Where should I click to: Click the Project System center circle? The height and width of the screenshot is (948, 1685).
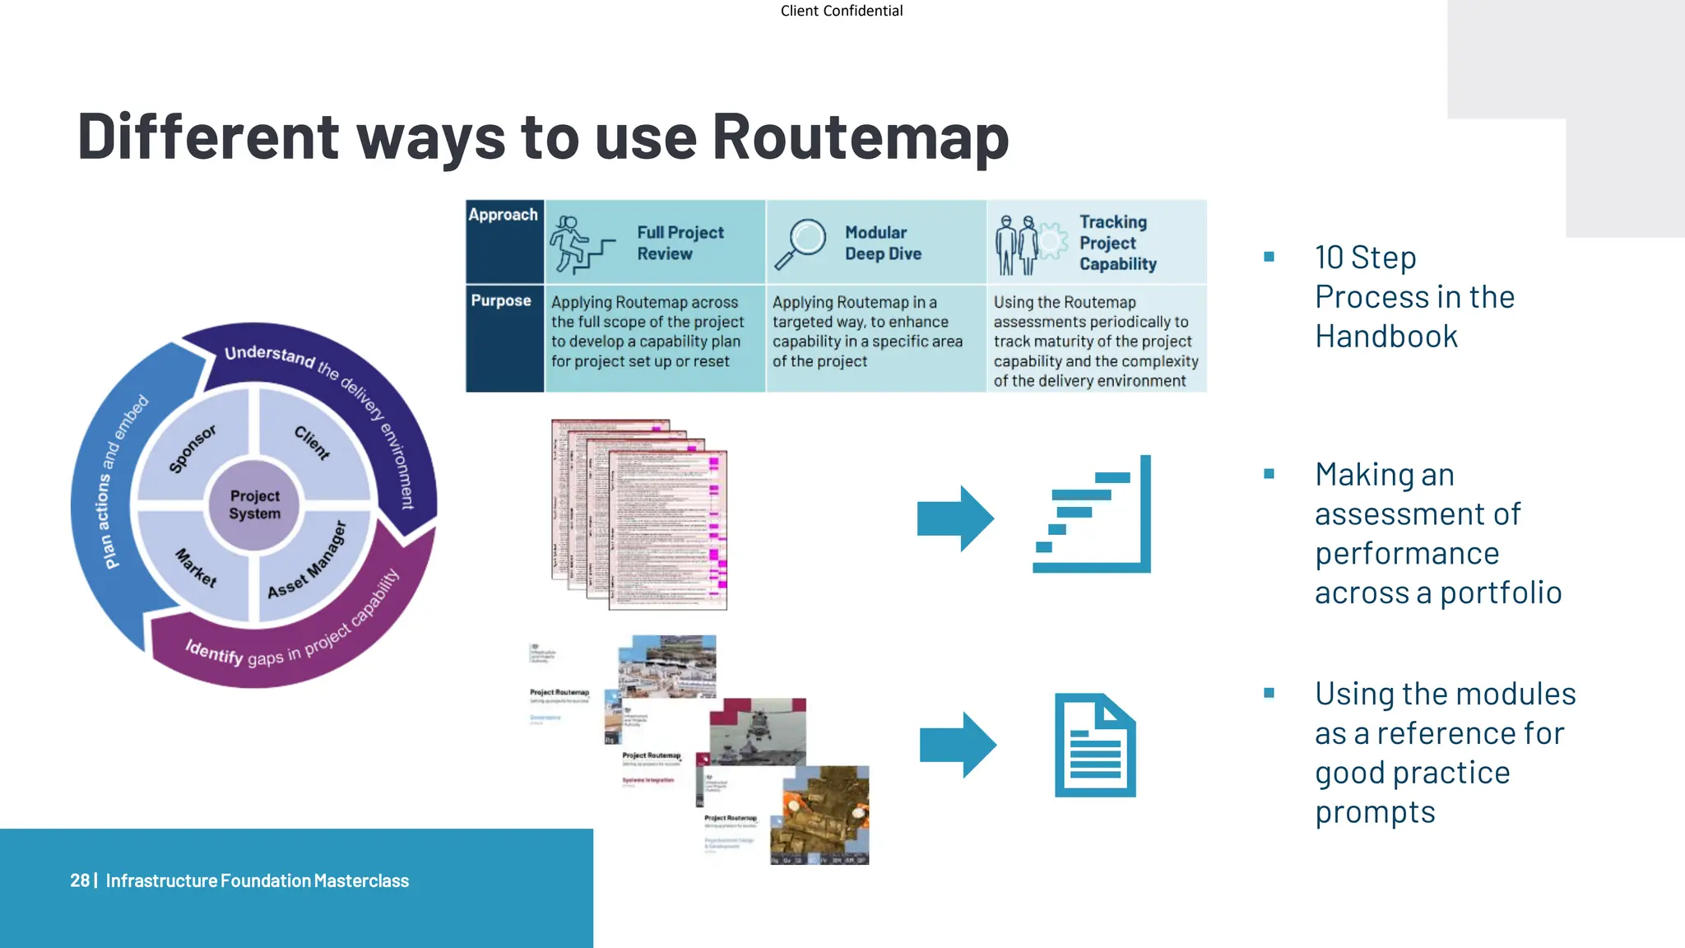click(x=255, y=504)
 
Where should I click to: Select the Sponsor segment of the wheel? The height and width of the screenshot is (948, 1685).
click(x=193, y=448)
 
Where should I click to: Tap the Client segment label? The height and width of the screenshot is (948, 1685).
click(x=313, y=443)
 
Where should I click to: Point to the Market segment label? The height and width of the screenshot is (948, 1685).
click(x=196, y=568)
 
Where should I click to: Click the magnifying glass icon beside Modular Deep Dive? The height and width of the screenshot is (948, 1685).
click(x=800, y=243)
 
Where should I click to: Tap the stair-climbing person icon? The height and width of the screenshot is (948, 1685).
click(x=580, y=244)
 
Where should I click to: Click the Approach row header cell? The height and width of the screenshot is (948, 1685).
click(x=504, y=240)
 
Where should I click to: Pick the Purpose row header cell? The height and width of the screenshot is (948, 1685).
click(x=504, y=337)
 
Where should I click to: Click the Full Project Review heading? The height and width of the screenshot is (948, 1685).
click(x=680, y=243)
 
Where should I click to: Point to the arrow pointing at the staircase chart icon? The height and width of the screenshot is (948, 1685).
click(x=955, y=518)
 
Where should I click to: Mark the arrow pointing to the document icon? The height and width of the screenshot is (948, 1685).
click(x=958, y=745)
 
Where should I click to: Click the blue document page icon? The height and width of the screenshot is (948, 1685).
click(x=1095, y=746)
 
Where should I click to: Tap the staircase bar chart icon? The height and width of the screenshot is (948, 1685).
click(x=1092, y=514)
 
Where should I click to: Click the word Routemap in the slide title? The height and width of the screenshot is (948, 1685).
click(x=860, y=137)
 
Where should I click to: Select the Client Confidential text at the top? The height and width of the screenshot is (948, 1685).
click(x=842, y=11)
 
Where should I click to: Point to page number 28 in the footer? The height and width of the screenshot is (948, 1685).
click(x=79, y=881)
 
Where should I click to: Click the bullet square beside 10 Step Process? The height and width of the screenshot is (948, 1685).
click(x=1269, y=257)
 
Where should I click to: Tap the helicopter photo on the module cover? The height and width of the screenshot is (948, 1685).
click(x=759, y=731)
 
